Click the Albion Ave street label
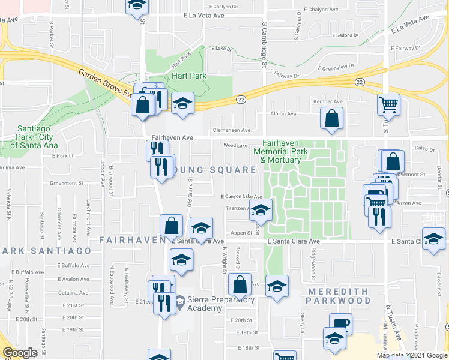coord(283,113)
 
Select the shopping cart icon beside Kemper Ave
coord(388,105)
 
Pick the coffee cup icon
coord(340,324)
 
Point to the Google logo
coord(20,353)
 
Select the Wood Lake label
coord(235,145)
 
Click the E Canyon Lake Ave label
coord(241,196)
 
